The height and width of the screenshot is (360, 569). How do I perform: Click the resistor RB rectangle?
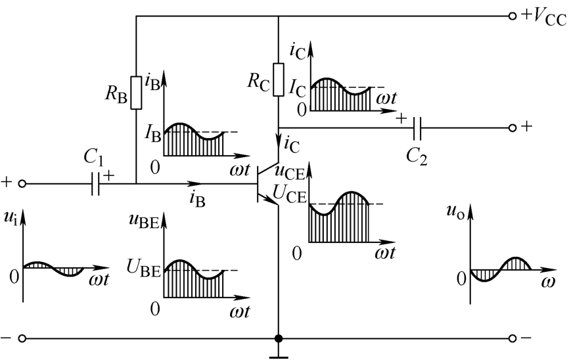point(136,93)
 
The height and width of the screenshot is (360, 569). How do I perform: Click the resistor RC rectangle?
point(279,79)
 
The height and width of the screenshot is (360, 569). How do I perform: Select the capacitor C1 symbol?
point(95,184)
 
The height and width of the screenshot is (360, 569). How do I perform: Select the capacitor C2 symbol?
point(417,127)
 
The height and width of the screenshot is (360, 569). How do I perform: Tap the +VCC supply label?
point(543,17)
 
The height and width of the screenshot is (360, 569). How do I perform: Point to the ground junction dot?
point(279,338)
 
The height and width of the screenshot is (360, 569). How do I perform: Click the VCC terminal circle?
point(512,16)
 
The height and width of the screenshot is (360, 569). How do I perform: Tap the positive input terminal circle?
point(22,184)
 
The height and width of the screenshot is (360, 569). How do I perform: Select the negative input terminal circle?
point(22,338)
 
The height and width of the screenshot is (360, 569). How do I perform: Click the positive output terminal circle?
point(512,127)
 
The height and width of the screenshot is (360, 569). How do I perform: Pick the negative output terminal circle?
point(512,338)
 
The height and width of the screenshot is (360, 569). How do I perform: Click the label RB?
point(116,95)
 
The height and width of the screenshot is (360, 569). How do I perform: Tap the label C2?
point(416,157)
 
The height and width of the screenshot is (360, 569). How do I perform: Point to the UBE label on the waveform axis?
point(143,269)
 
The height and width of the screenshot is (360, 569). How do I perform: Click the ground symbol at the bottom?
point(279,354)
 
